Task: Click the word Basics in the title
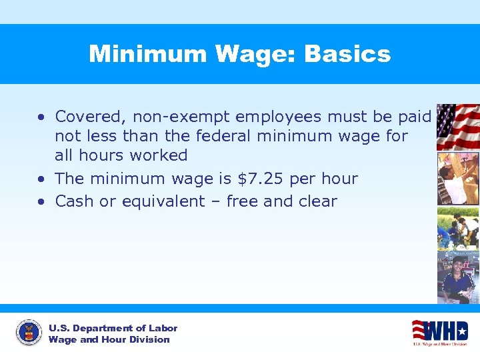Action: click(347, 54)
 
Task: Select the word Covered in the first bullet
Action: click(91, 117)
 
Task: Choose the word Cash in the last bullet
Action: click(75, 201)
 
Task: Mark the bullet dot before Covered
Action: click(41, 117)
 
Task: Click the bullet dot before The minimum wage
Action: click(41, 179)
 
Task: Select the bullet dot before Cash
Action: click(41, 202)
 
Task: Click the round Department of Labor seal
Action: click(28, 333)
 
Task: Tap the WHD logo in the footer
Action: click(440, 332)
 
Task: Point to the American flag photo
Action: click(457, 127)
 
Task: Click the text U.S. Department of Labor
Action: click(113, 328)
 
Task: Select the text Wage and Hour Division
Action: click(109, 339)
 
